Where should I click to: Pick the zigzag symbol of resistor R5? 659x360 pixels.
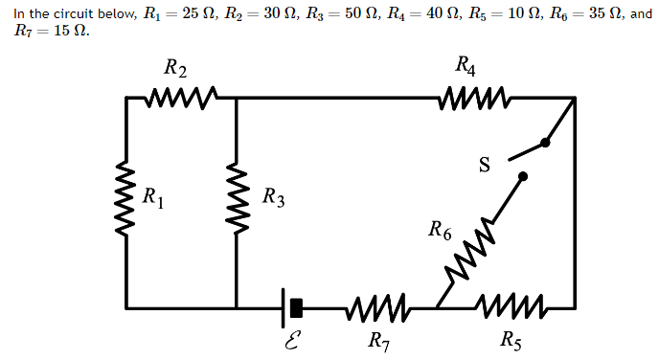coord(511,307)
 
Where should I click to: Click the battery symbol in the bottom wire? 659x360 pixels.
coord(292,307)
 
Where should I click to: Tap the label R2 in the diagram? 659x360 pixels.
coord(175,69)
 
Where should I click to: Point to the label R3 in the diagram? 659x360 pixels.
coord(273,200)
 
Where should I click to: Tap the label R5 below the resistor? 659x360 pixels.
coord(511,340)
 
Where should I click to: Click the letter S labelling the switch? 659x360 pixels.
coord(485,166)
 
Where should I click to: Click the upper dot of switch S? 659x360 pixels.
coord(545,143)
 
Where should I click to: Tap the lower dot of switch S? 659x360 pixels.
coord(522,176)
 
